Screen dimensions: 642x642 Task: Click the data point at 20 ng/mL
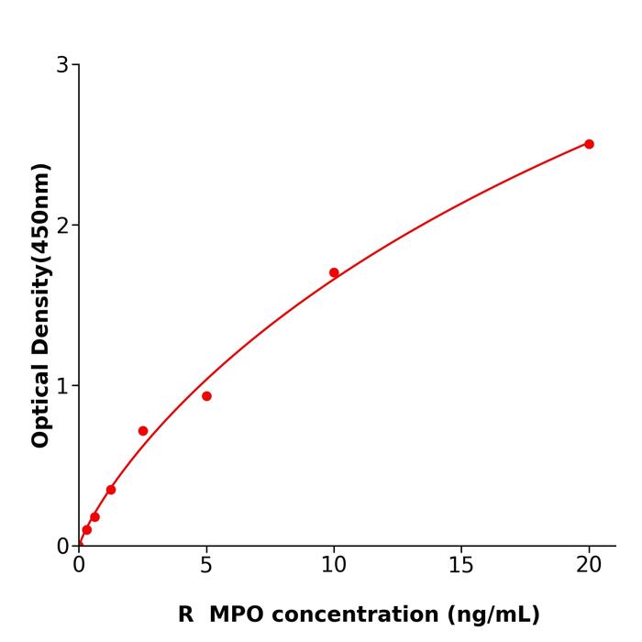click(589, 144)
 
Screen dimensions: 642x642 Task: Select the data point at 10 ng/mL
click(334, 272)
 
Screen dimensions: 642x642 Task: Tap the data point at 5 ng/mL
click(206, 396)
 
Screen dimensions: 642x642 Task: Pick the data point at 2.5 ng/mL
click(143, 431)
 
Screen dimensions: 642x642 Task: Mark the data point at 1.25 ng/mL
click(111, 490)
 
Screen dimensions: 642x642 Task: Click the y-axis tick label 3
click(62, 65)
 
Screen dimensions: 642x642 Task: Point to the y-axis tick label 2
click(62, 226)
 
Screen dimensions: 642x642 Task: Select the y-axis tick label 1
click(62, 386)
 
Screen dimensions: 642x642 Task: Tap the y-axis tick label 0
click(62, 547)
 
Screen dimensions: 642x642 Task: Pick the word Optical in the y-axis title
click(40, 404)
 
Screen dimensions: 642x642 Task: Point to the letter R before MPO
click(186, 614)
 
